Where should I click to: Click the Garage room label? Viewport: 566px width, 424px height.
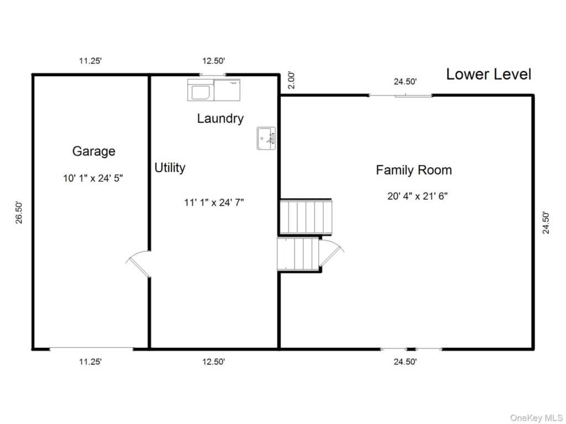click(94, 151)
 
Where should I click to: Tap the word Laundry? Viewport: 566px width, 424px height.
click(220, 119)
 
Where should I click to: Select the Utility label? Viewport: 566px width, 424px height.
click(170, 168)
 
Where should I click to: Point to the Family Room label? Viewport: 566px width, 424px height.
click(413, 170)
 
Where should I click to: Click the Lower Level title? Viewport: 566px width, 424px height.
click(489, 75)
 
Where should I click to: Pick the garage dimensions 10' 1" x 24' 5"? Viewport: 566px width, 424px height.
click(93, 178)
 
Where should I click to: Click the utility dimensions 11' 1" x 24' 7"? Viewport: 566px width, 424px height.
click(214, 203)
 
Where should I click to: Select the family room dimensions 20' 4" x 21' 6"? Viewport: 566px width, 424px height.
click(417, 196)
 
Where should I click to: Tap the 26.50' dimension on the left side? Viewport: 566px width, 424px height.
click(19, 213)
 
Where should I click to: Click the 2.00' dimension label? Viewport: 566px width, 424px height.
click(292, 81)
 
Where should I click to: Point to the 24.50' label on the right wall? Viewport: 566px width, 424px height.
click(546, 223)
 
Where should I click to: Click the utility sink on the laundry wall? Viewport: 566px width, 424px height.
click(266, 138)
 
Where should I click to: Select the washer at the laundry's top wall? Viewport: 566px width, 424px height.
click(201, 90)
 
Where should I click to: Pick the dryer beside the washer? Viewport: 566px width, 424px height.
click(227, 90)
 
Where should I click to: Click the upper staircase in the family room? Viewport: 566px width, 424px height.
click(306, 217)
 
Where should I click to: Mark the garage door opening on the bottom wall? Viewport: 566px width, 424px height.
click(91, 349)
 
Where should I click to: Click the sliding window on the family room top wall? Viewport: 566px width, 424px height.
click(400, 95)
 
